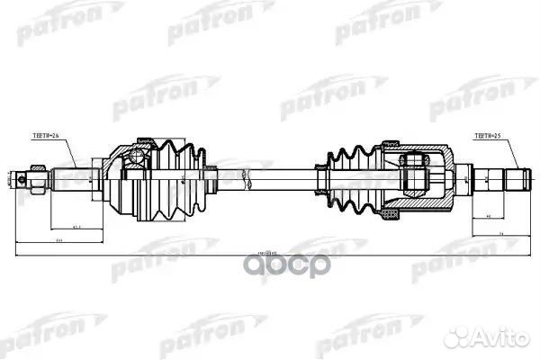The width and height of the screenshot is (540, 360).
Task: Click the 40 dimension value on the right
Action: (x=487, y=217)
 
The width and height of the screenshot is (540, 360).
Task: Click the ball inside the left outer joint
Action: (x=136, y=159)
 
